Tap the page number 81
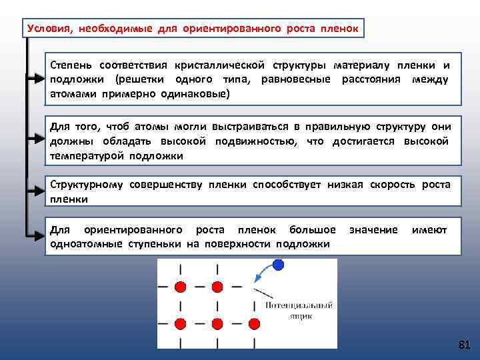coord(465,345)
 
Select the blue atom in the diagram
coord(278,265)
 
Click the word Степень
coord(72,65)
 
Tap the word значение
coord(373,230)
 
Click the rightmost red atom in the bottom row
coord(253,324)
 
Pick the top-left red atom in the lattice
coord(180,287)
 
